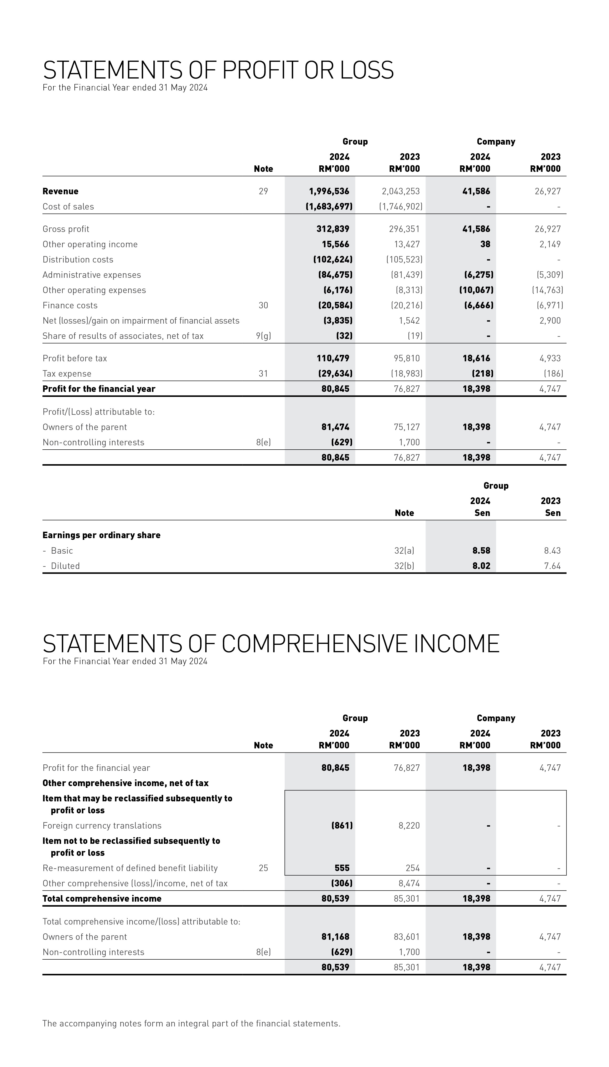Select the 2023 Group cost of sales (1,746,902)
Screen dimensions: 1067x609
tap(401, 206)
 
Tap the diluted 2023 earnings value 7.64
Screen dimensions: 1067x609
tap(552, 566)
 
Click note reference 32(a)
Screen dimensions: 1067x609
tap(404, 551)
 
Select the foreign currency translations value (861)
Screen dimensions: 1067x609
tap(342, 825)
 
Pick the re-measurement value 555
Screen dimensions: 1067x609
tap(342, 868)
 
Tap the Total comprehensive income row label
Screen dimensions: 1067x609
tap(102, 898)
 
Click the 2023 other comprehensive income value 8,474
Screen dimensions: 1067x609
tap(409, 883)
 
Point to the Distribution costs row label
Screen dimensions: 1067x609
tap(78, 259)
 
